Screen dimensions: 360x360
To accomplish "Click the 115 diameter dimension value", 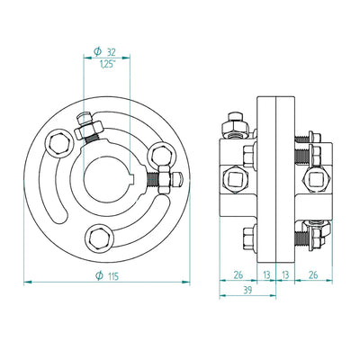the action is (x=112, y=275).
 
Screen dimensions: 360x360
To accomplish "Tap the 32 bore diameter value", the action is (x=111, y=52).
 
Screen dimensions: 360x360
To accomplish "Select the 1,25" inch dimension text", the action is (x=108, y=64).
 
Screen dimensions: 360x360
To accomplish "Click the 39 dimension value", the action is (x=247, y=290).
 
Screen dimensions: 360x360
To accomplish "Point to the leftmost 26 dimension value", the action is (x=238, y=274).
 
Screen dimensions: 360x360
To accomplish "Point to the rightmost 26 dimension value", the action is (x=313, y=274).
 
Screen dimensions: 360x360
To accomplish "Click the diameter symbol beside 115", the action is (x=99, y=275).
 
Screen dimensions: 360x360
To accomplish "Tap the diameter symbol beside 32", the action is (x=97, y=52).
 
